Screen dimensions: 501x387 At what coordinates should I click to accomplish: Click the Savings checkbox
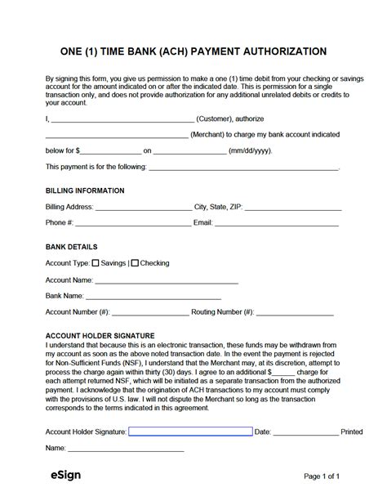[95, 263]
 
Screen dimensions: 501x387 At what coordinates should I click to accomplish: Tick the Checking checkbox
[136, 263]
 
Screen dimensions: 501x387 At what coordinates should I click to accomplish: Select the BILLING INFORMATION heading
[85, 190]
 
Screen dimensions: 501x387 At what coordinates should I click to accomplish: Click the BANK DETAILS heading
[72, 247]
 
